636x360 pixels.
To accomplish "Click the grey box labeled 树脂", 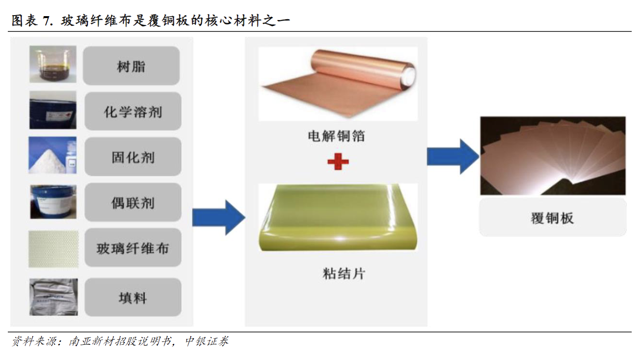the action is [x=131, y=66].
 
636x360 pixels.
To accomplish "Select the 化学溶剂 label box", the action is [x=133, y=111].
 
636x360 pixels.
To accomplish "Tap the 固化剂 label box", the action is [x=133, y=157].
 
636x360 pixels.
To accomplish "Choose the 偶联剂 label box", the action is [x=133, y=202].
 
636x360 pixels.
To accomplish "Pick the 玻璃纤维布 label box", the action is [x=133, y=247].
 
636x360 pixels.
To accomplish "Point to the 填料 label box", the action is [x=133, y=297].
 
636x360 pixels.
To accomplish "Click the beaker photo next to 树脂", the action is [x=53, y=64].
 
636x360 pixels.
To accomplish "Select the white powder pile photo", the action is [x=52, y=156].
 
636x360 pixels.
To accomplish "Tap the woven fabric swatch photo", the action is [x=53, y=249].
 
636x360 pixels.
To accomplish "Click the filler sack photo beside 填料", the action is [x=54, y=297].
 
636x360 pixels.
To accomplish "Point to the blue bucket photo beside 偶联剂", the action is [x=53, y=202].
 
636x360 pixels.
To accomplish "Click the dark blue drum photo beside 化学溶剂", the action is [x=53, y=110].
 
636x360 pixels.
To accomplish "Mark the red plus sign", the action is [x=338, y=161].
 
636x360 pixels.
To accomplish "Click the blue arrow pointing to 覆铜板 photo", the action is [x=453, y=157].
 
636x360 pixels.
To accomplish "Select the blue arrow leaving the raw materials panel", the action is [x=219, y=218].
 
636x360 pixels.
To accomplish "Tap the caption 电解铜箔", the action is [x=337, y=136].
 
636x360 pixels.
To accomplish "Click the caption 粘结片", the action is [x=344, y=274].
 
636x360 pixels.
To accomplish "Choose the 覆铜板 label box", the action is [x=552, y=218].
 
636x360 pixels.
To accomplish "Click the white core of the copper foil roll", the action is [x=409, y=75].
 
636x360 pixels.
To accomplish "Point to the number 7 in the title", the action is [x=46, y=21].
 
